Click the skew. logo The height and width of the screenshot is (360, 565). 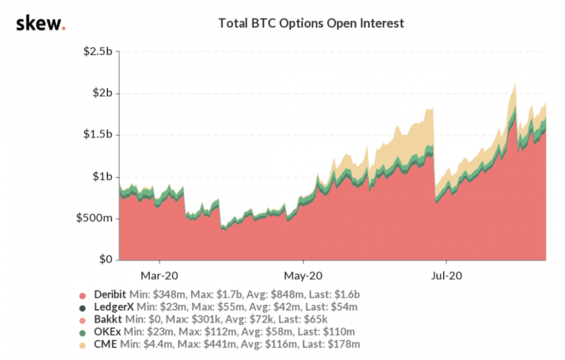pos(41,24)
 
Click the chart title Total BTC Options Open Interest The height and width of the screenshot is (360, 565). pos(311,24)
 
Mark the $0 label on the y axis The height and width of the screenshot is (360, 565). pos(107,260)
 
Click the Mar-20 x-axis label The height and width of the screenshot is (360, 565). pos(159,277)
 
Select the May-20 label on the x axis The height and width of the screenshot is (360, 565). pos(303,277)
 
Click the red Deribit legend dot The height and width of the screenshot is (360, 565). pos(82,296)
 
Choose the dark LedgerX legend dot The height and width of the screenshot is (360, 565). pos(82,308)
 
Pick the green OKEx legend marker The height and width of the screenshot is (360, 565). pos(82,332)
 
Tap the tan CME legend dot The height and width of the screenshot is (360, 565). pos(82,344)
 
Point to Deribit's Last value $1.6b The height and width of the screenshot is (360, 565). pos(346,296)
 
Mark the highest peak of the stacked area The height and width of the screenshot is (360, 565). pos(515,84)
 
